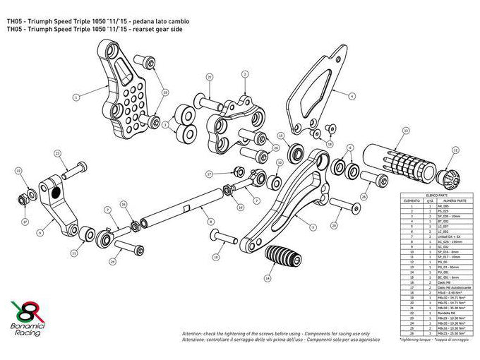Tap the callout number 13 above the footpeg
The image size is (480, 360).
point(405,131)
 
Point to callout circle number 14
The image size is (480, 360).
point(267,278)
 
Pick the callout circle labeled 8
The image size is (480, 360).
point(210,222)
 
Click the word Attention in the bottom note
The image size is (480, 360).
point(193,332)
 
